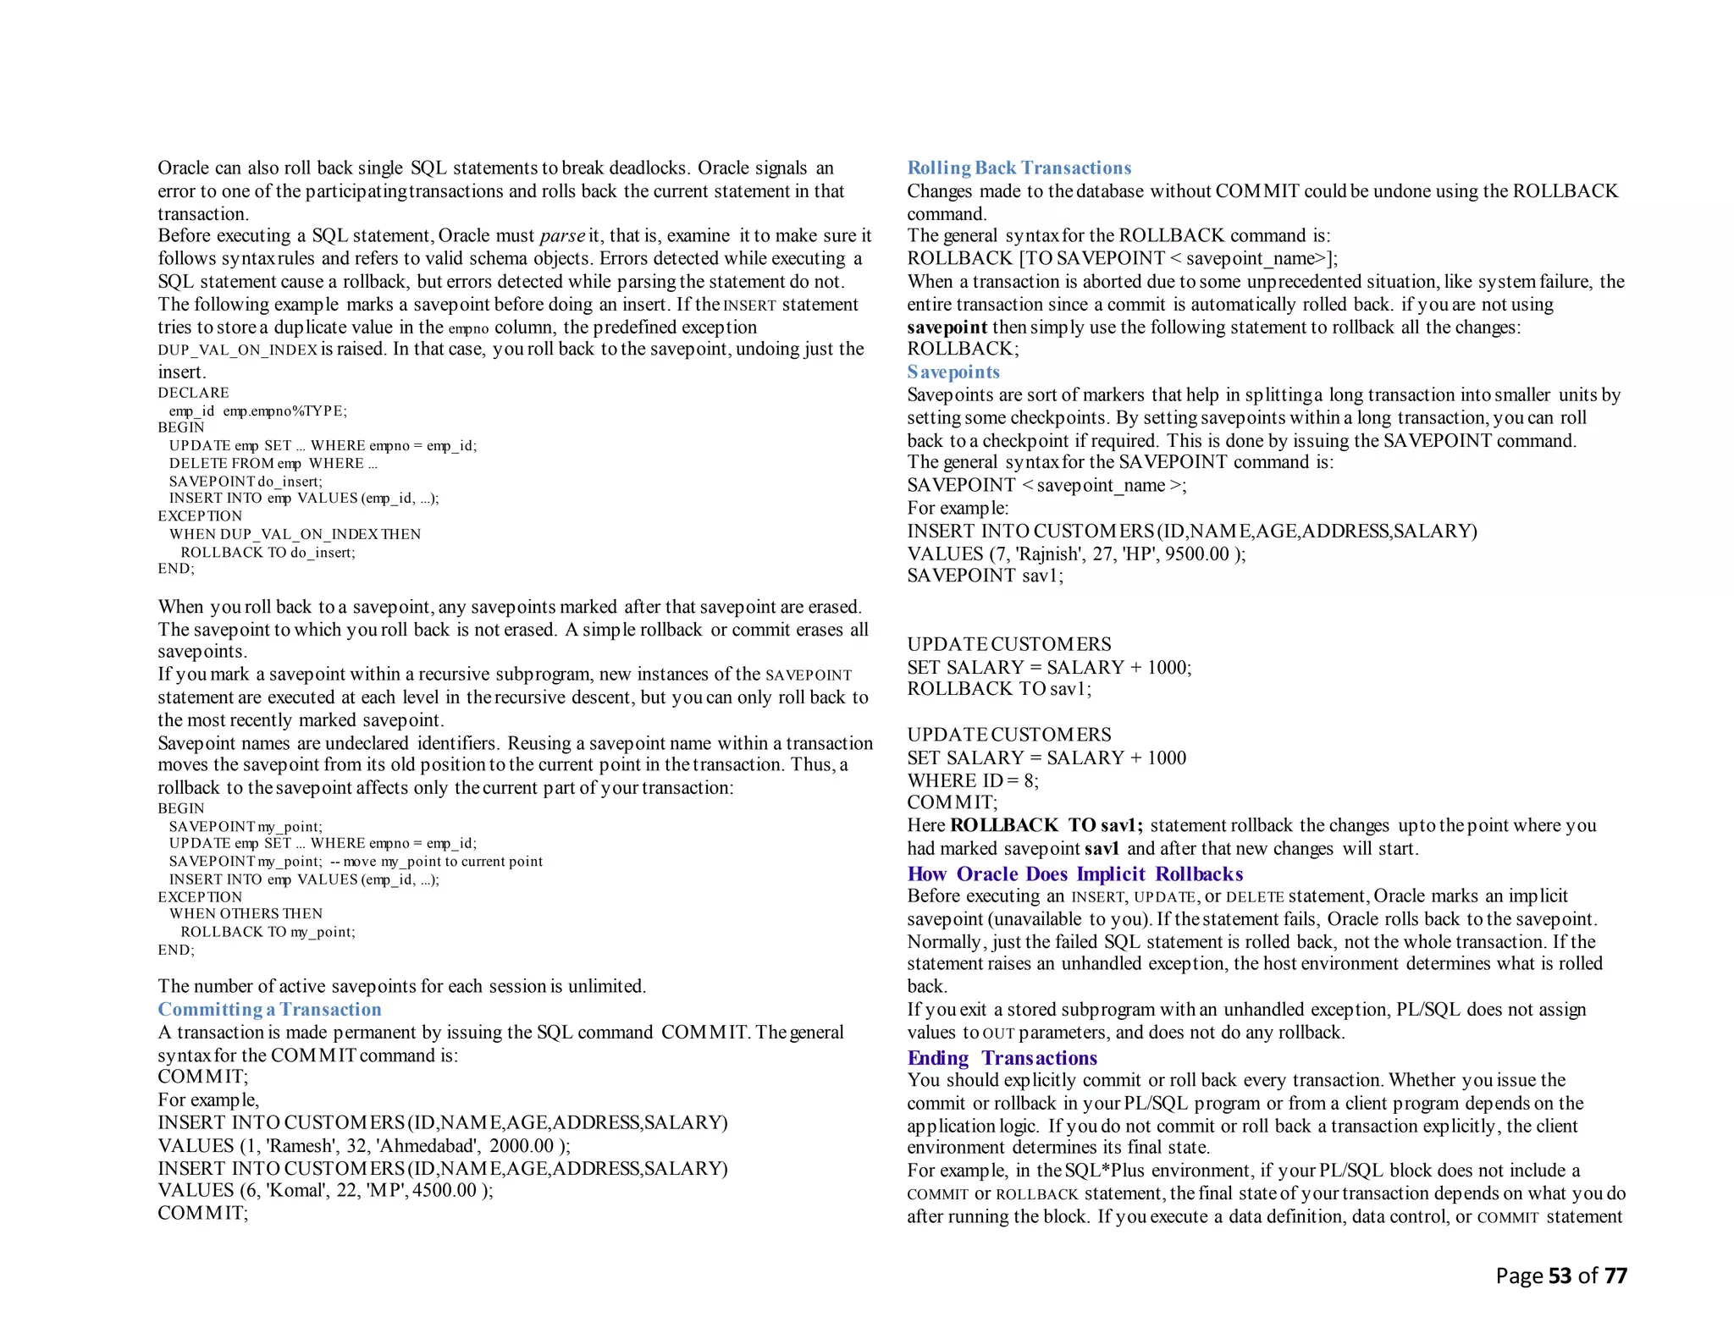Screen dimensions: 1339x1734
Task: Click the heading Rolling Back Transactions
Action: [1019, 168]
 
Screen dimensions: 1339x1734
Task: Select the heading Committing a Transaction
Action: [269, 1009]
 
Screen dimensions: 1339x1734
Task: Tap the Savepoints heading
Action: [953, 372]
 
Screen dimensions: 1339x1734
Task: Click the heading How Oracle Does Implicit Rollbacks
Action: [1074, 873]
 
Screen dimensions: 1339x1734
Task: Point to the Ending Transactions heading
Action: [1002, 1058]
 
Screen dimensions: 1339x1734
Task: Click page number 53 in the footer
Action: [1560, 1276]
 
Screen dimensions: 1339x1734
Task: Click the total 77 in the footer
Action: [1615, 1276]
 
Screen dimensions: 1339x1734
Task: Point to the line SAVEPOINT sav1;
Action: [985, 576]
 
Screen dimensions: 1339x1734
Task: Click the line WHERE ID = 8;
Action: [972, 780]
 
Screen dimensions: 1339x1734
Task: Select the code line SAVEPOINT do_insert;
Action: [246, 481]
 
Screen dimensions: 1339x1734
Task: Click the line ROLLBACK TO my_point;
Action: [268, 932]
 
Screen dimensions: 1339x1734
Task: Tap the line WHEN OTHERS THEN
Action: [246, 913]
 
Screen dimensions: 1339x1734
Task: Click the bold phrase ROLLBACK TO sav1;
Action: [1046, 825]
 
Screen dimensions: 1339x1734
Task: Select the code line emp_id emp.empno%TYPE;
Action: [257, 411]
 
